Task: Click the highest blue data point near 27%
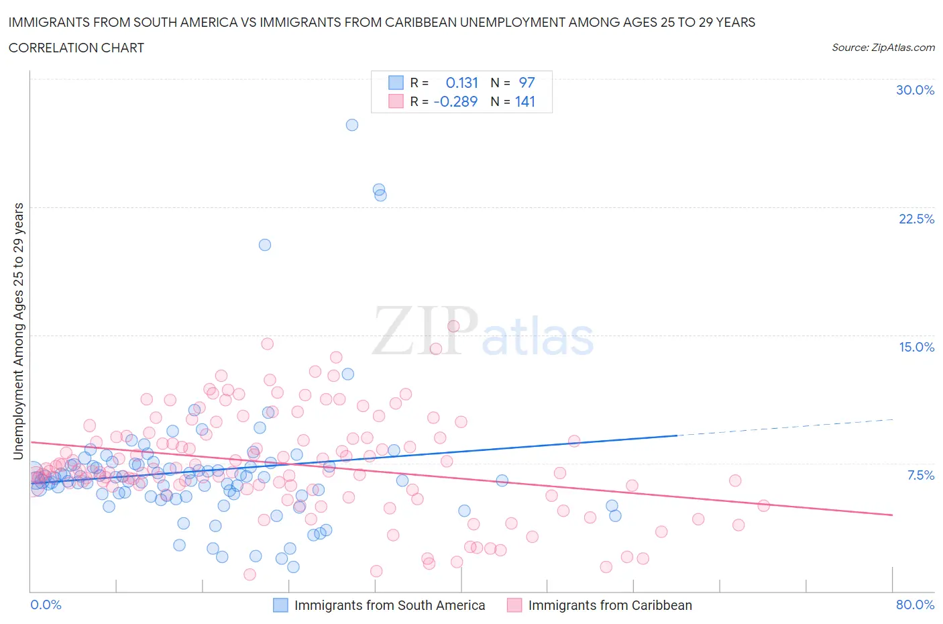pos(351,125)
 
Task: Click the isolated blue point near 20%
pos(265,245)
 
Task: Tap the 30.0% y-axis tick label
pos(915,90)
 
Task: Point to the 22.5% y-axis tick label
pos(916,219)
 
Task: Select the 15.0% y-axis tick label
pos(916,347)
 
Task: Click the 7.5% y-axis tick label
pos(920,475)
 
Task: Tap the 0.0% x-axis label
pos(46,605)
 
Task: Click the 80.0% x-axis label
pos(915,605)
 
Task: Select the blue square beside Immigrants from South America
pos(280,605)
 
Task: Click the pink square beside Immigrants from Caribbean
pos(514,605)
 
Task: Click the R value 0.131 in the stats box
pos(461,83)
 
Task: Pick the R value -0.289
pos(455,101)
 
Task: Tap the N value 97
pos(526,83)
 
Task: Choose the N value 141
pos(525,101)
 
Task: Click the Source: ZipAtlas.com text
pos(883,47)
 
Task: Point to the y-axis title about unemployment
pos(18,331)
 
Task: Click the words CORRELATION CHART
pos(76,48)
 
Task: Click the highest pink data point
pos(453,326)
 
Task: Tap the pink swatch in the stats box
pos(396,101)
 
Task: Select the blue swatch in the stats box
pos(396,83)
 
